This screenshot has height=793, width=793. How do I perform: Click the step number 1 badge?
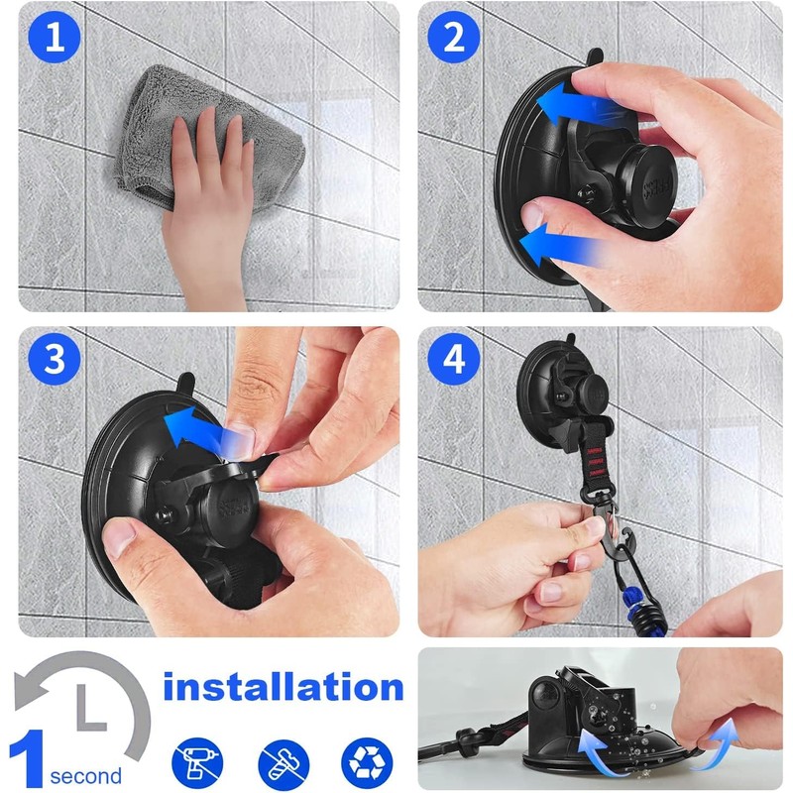(55, 37)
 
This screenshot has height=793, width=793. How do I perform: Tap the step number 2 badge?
(454, 37)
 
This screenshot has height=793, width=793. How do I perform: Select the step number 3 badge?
(55, 359)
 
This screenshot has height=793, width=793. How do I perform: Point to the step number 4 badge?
(454, 359)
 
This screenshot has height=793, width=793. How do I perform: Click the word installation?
(283, 687)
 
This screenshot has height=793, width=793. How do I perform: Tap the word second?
(86, 776)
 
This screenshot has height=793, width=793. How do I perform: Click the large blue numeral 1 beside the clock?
(27, 757)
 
